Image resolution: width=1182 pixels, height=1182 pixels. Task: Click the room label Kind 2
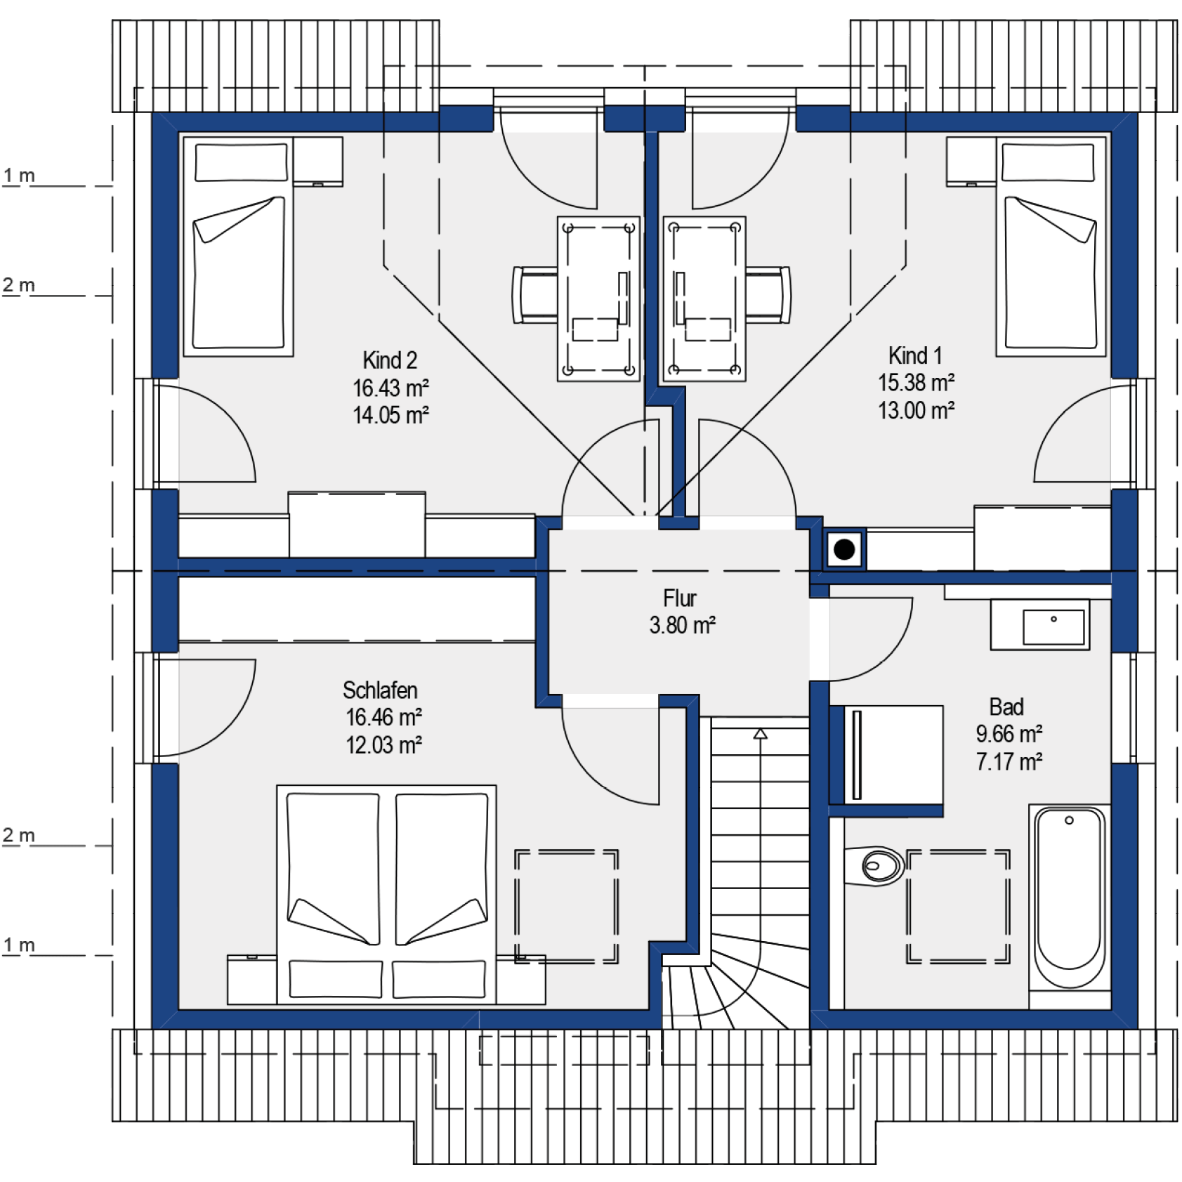point(390,360)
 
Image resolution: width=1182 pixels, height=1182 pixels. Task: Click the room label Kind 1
point(915,355)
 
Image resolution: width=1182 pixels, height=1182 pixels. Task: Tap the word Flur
point(680,598)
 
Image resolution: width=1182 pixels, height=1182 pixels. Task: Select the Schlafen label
point(380,690)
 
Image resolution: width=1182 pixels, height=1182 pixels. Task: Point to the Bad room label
point(1006,707)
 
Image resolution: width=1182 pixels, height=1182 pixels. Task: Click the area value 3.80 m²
point(682,625)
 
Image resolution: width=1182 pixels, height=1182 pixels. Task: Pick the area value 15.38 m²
point(916,383)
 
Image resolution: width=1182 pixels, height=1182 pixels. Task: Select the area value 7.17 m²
point(1009,761)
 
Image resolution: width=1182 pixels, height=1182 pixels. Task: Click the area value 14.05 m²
point(390,415)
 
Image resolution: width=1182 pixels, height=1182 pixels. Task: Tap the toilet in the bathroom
point(874,866)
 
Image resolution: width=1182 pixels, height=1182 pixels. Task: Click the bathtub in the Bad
point(1070,898)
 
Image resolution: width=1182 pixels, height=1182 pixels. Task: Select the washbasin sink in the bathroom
point(1053,627)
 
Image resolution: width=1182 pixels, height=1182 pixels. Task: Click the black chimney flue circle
point(844,549)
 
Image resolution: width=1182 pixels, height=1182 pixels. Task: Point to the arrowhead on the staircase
point(761,734)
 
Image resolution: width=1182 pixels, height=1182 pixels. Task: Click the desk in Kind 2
point(599,299)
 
